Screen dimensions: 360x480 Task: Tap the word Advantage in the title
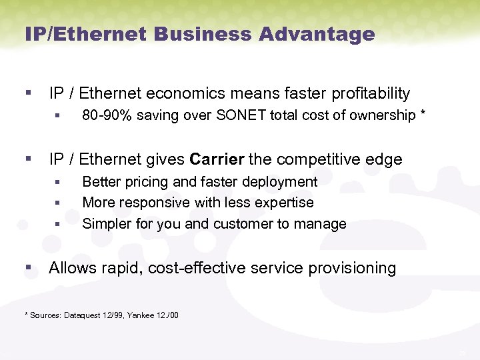[x=321, y=33]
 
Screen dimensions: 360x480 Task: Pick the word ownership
[x=379, y=116]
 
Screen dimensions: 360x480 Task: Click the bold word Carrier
[x=217, y=160]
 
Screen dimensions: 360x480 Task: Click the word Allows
[x=73, y=269]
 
